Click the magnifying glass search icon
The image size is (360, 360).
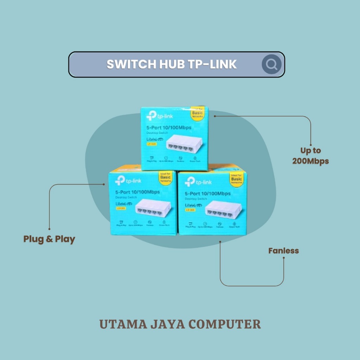[271, 64]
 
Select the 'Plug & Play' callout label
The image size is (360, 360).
[49, 239]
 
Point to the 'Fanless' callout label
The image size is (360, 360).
[283, 251]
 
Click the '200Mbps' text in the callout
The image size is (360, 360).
[310, 161]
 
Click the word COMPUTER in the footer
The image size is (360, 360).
[225, 324]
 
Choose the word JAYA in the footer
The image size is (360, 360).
[169, 324]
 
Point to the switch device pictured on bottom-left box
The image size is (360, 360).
[154, 208]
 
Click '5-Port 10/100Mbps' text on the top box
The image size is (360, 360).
[169, 128]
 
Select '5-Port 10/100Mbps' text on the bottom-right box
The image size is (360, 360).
[207, 194]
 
